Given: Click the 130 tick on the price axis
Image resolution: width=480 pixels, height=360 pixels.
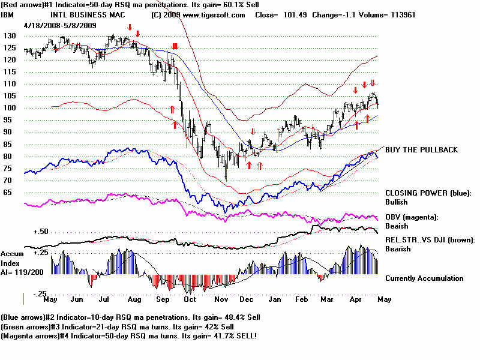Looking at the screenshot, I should pos(10,35).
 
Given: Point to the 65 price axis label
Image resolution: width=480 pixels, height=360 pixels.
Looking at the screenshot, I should pos(8,193).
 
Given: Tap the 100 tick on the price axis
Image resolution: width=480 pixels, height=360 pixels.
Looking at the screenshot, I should pos(10,108).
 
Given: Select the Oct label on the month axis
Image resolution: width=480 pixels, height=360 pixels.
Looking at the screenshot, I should pos(190,299).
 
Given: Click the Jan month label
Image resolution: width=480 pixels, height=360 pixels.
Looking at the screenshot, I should pos(276,299).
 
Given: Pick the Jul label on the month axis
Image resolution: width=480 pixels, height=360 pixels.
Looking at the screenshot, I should pos(104,299).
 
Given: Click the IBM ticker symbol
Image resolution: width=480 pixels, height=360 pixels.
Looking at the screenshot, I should pos(9,15).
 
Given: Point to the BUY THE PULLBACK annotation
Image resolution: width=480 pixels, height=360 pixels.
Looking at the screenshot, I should pos(422,150).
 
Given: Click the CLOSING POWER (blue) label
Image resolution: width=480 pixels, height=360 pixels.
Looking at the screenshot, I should pos(428,193).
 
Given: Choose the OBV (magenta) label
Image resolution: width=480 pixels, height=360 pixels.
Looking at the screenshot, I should pos(412,217).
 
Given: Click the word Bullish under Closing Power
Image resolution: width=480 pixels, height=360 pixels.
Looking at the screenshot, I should pos(397,203).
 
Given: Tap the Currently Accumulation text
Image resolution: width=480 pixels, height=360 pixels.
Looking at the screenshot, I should pos(424,278).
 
